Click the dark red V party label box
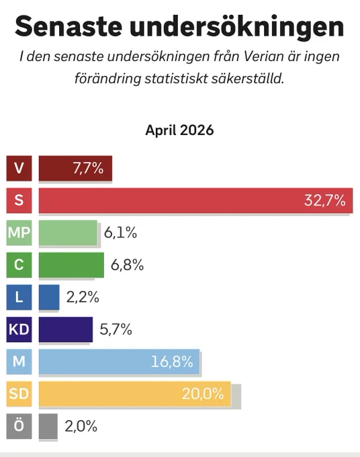click(x=19, y=168)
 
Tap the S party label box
click(x=19, y=200)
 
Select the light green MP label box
click(x=19, y=233)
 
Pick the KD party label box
click(x=19, y=329)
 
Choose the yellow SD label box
click(x=19, y=394)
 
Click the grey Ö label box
click(x=19, y=426)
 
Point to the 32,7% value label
click(x=325, y=200)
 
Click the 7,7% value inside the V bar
click(x=88, y=168)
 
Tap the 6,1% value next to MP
click(x=120, y=233)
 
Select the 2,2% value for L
click(x=83, y=297)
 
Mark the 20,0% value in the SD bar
click(x=203, y=394)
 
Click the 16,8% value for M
click(x=172, y=362)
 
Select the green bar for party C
click(x=71, y=265)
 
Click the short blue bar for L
click(x=49, y=297)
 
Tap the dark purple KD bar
click(x=66, y=329)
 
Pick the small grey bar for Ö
click(x=48, y=426)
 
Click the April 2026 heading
click(x=179, y=130)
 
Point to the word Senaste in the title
click(x=68, y=26)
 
